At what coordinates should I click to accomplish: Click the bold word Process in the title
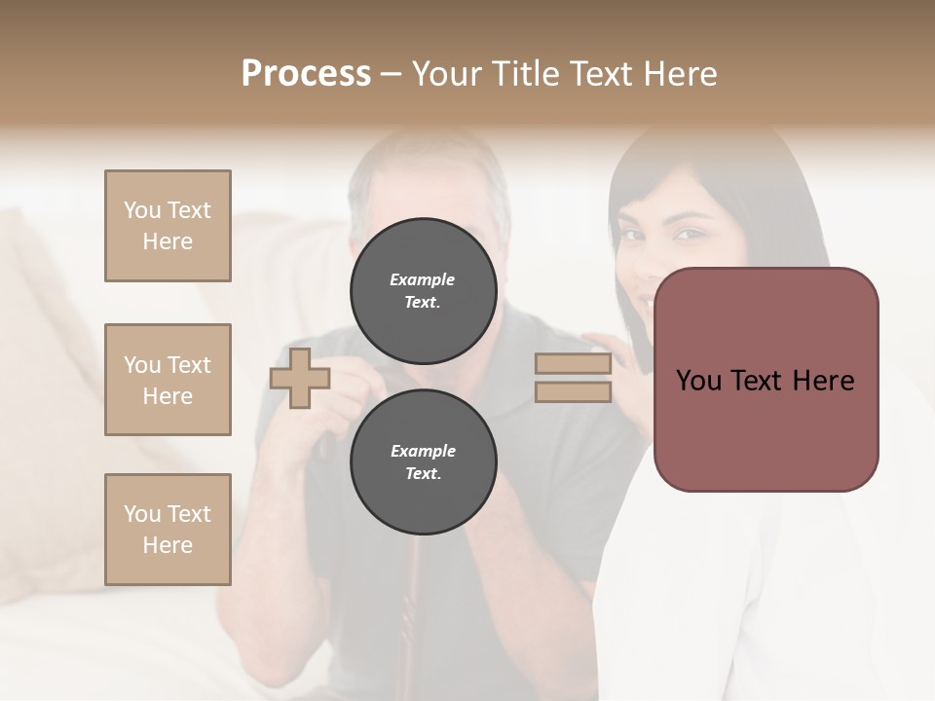306,74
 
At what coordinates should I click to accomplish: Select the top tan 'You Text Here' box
168,226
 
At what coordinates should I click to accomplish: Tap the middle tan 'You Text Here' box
168,380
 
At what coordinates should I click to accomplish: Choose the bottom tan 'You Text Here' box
168,530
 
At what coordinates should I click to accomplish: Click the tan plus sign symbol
300,379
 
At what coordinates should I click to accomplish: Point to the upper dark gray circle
423,290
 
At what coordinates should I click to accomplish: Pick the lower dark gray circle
423,462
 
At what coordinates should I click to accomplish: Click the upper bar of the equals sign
574,364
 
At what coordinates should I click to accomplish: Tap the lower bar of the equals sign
574,392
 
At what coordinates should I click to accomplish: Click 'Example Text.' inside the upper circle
423,291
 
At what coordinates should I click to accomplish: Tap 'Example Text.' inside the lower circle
423,462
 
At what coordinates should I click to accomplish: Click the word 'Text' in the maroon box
764,381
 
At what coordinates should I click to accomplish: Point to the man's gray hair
429,161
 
